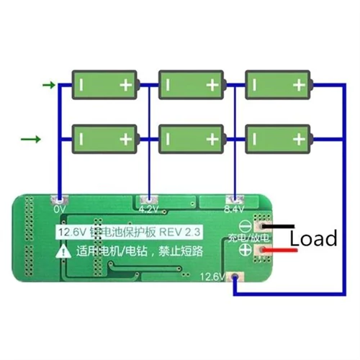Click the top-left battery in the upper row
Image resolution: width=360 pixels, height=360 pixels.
pyautogui.click(x=105, y=85)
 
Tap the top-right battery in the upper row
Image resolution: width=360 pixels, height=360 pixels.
pyautogui.click(x=278, y=85)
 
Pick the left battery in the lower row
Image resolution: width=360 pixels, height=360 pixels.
pyautogui.click(x=105, y=138)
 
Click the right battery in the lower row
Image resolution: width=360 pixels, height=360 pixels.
pyautogui.click(x=278, y=138)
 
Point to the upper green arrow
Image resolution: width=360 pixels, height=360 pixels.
pyautogui.click(x=49, y=86)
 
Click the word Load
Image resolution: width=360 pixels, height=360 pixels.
pyautogui.click(x=313, y=238)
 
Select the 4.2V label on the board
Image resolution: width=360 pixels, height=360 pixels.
pyautogui.click(x=148, y=210)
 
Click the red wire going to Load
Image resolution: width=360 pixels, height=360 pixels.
pyautogui.click(x=277, y=251)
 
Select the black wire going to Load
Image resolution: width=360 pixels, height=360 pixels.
pyautogui.click(x=277, y=226)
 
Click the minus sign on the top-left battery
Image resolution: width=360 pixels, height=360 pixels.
pyautogui.click(x=84, y=85)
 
